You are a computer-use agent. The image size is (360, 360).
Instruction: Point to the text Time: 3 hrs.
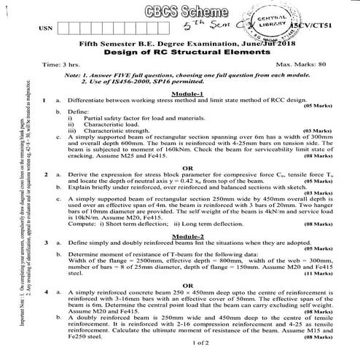click(61, 65)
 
